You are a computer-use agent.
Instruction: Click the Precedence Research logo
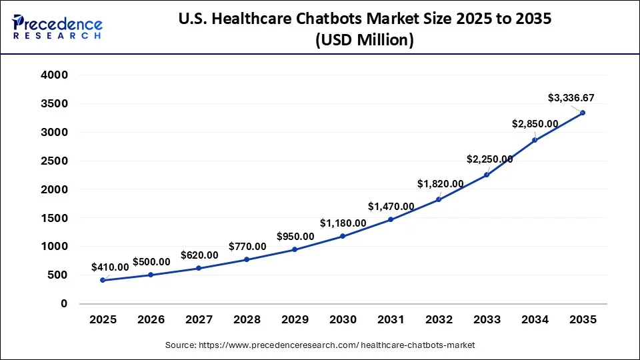57,27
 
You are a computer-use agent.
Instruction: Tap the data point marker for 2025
103,280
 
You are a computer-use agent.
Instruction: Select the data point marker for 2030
343,236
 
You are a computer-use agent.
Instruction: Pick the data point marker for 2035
583,113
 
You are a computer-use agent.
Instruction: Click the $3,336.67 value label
571,98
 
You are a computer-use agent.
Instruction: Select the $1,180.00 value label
343,223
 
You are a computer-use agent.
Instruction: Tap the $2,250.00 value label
489,159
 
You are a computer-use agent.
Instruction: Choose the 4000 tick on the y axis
55,75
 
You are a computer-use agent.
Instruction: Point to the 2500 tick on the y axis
55,161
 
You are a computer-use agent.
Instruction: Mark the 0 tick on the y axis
64,303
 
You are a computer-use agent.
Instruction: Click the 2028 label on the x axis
247,320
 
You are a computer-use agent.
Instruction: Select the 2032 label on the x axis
439,320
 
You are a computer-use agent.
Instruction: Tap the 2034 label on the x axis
535,320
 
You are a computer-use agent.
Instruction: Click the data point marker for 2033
487,175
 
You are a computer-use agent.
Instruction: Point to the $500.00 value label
152,261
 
